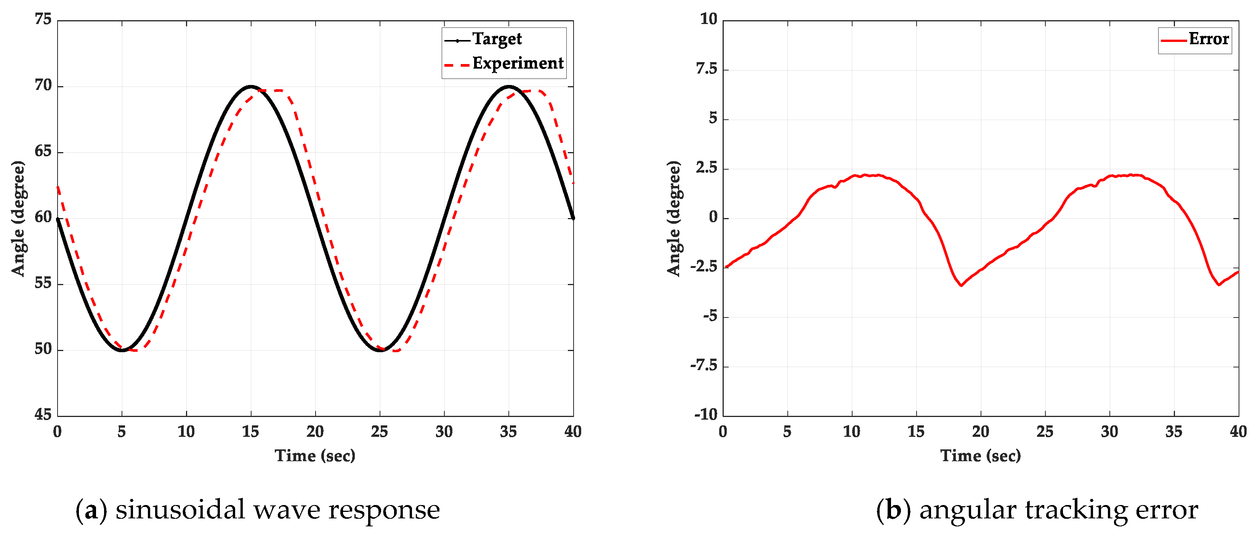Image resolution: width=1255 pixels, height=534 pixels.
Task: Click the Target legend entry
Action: click(x=497, y=39)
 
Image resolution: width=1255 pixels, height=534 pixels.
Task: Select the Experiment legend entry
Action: click(x=518, y=63)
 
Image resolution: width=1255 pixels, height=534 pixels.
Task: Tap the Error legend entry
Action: click(x=1208, y=39)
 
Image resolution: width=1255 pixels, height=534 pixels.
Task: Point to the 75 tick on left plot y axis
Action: click(x=43, y=19)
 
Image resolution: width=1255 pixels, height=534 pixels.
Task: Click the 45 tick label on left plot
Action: click(x=43, y=415)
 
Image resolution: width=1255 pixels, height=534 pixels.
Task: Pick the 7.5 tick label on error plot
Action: click(x=707, y=69)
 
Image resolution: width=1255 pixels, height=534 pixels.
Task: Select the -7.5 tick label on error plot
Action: click(x=704, y=366)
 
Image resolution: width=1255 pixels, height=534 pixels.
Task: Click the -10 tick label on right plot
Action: click(x=705, y=415)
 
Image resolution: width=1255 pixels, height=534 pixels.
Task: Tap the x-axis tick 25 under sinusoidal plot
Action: click(x=380, y=432)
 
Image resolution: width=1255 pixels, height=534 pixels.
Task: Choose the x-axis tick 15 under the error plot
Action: click(x=916, y=432)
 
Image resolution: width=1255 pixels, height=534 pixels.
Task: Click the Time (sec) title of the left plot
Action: click(x=315, y=456)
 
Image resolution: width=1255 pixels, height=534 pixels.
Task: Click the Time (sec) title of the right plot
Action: click(x=980, y=456)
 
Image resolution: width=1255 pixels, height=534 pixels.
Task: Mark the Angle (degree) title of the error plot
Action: click(x=674, y=218)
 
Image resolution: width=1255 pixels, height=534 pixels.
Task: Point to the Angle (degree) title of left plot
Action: click(x=18, y=218)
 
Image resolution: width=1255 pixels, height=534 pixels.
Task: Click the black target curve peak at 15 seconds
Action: click(x=251, y=87)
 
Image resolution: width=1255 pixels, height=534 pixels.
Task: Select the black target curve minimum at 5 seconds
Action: click(x=122, y=350)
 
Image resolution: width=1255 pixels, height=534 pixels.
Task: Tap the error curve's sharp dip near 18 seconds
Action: click(x=961, y=285)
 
